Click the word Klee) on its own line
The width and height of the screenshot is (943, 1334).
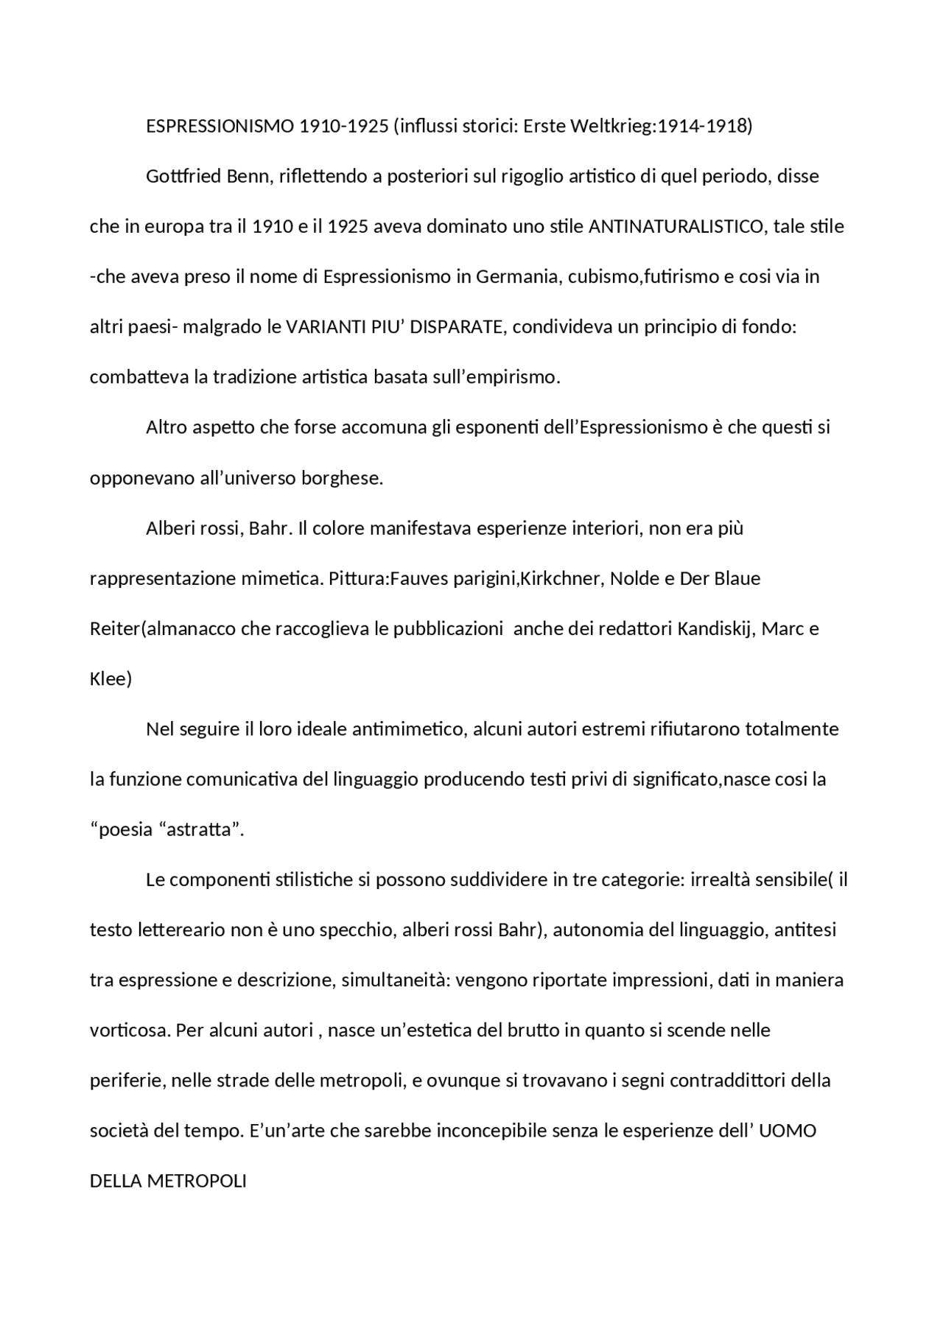(x=111, y=678)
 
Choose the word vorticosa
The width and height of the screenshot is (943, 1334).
(x=130, y=1030)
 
